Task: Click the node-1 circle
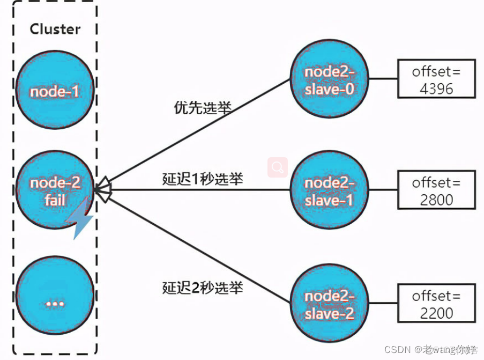pyautogui.click(x=55, y=91)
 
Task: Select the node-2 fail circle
pyautogui.click(x=55, y=192)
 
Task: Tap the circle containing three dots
pyautogui.click(x=55, y=302)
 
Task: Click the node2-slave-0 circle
pyautogui.click(x=329, y=80)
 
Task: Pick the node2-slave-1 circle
pyautogui.click(x=329, y=192)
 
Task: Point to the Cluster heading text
pyautogui.click(x=55, y=29)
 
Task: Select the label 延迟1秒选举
pyautogui.click(x=203, y=179)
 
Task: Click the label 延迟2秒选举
pyautogui.click(x=203, y=288)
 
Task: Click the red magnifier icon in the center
pyautogui.click(x=278, y=167)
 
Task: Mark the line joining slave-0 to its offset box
pyautogui.click(x=383, y=79)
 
